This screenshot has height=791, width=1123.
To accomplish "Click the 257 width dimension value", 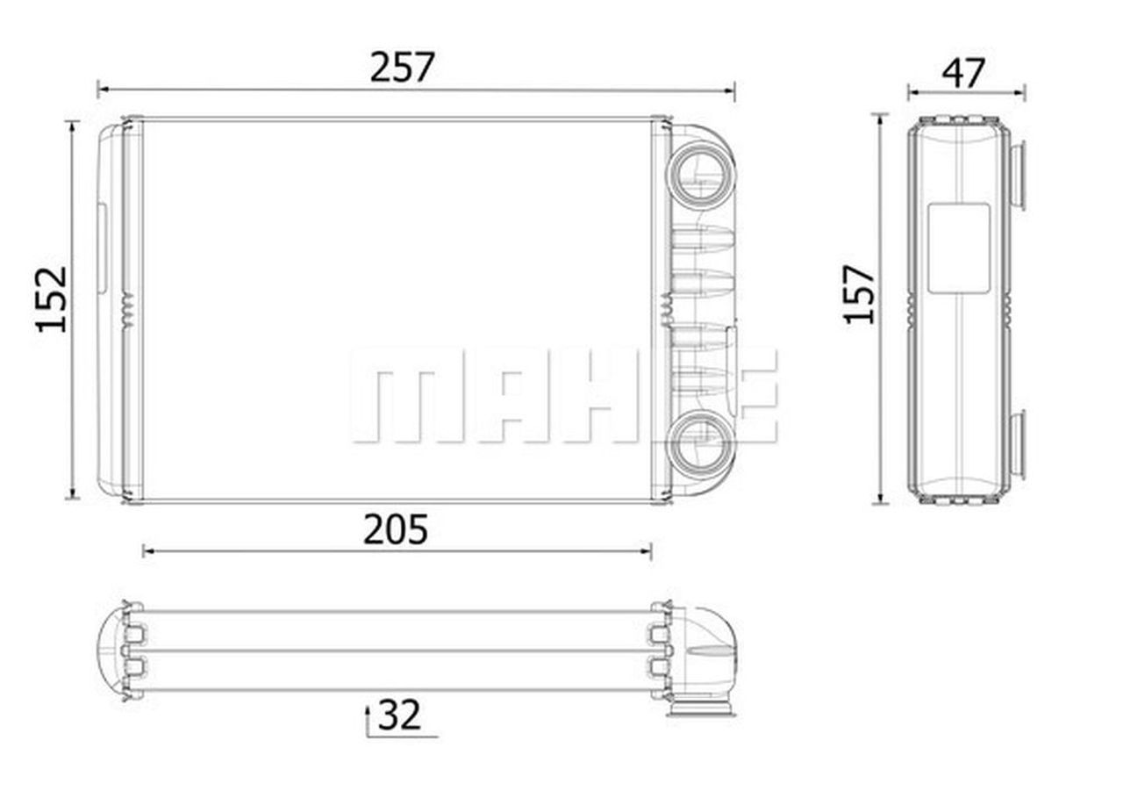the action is pyautogui.click(x=402, y=68).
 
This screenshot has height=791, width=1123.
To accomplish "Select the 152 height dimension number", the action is pyautogui.click(x=51, y=299).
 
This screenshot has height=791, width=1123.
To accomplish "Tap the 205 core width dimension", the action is pyautogui.click(x=396, y=529).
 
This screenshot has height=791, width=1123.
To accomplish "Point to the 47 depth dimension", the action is pyautogui.click(x=963, y=74).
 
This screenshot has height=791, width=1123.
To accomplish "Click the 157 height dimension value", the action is pyautogui.click(x=859, y=294).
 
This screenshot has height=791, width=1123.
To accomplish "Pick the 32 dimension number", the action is pyautogui.click(x=399, y=715).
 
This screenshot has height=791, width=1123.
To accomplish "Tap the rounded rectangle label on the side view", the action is pyautogui.click(x=959, y=248).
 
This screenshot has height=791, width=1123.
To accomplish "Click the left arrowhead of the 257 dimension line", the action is pyautogui.click(x=104, y=90).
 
